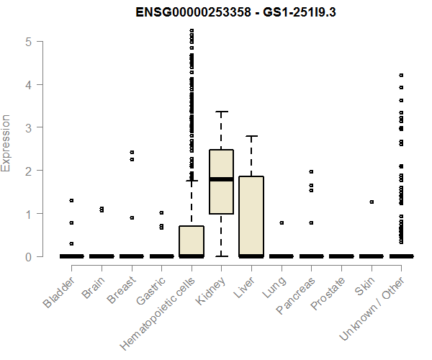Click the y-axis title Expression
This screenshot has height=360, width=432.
pyautogui.click(x=6, y=143)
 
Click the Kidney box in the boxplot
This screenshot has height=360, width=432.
pyautogui.click(x=221, y=181)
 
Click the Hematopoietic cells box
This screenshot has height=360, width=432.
pyautogui.click(x=192, y=241)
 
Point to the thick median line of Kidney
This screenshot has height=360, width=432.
pyautogui.click(x=221, y=179)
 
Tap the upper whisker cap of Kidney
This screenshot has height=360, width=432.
pyautogui.click(x=221, y=112)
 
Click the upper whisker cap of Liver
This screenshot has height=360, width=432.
pyautogui.click(x=251, y=136)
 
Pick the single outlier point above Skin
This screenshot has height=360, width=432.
pyautogui.click(x=372, y=202)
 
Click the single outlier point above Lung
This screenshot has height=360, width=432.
pyautogui.click(x=282, y=223)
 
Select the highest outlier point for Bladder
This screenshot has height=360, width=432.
pyautogui.click(x=71, y=200)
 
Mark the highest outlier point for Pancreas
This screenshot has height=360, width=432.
pyautogui.click(x=311, y=171)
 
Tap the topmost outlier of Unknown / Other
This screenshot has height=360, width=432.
pyautogui.click(x=401, y=75)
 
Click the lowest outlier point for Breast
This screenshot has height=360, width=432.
pyautogui.click(x=131, y=217)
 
